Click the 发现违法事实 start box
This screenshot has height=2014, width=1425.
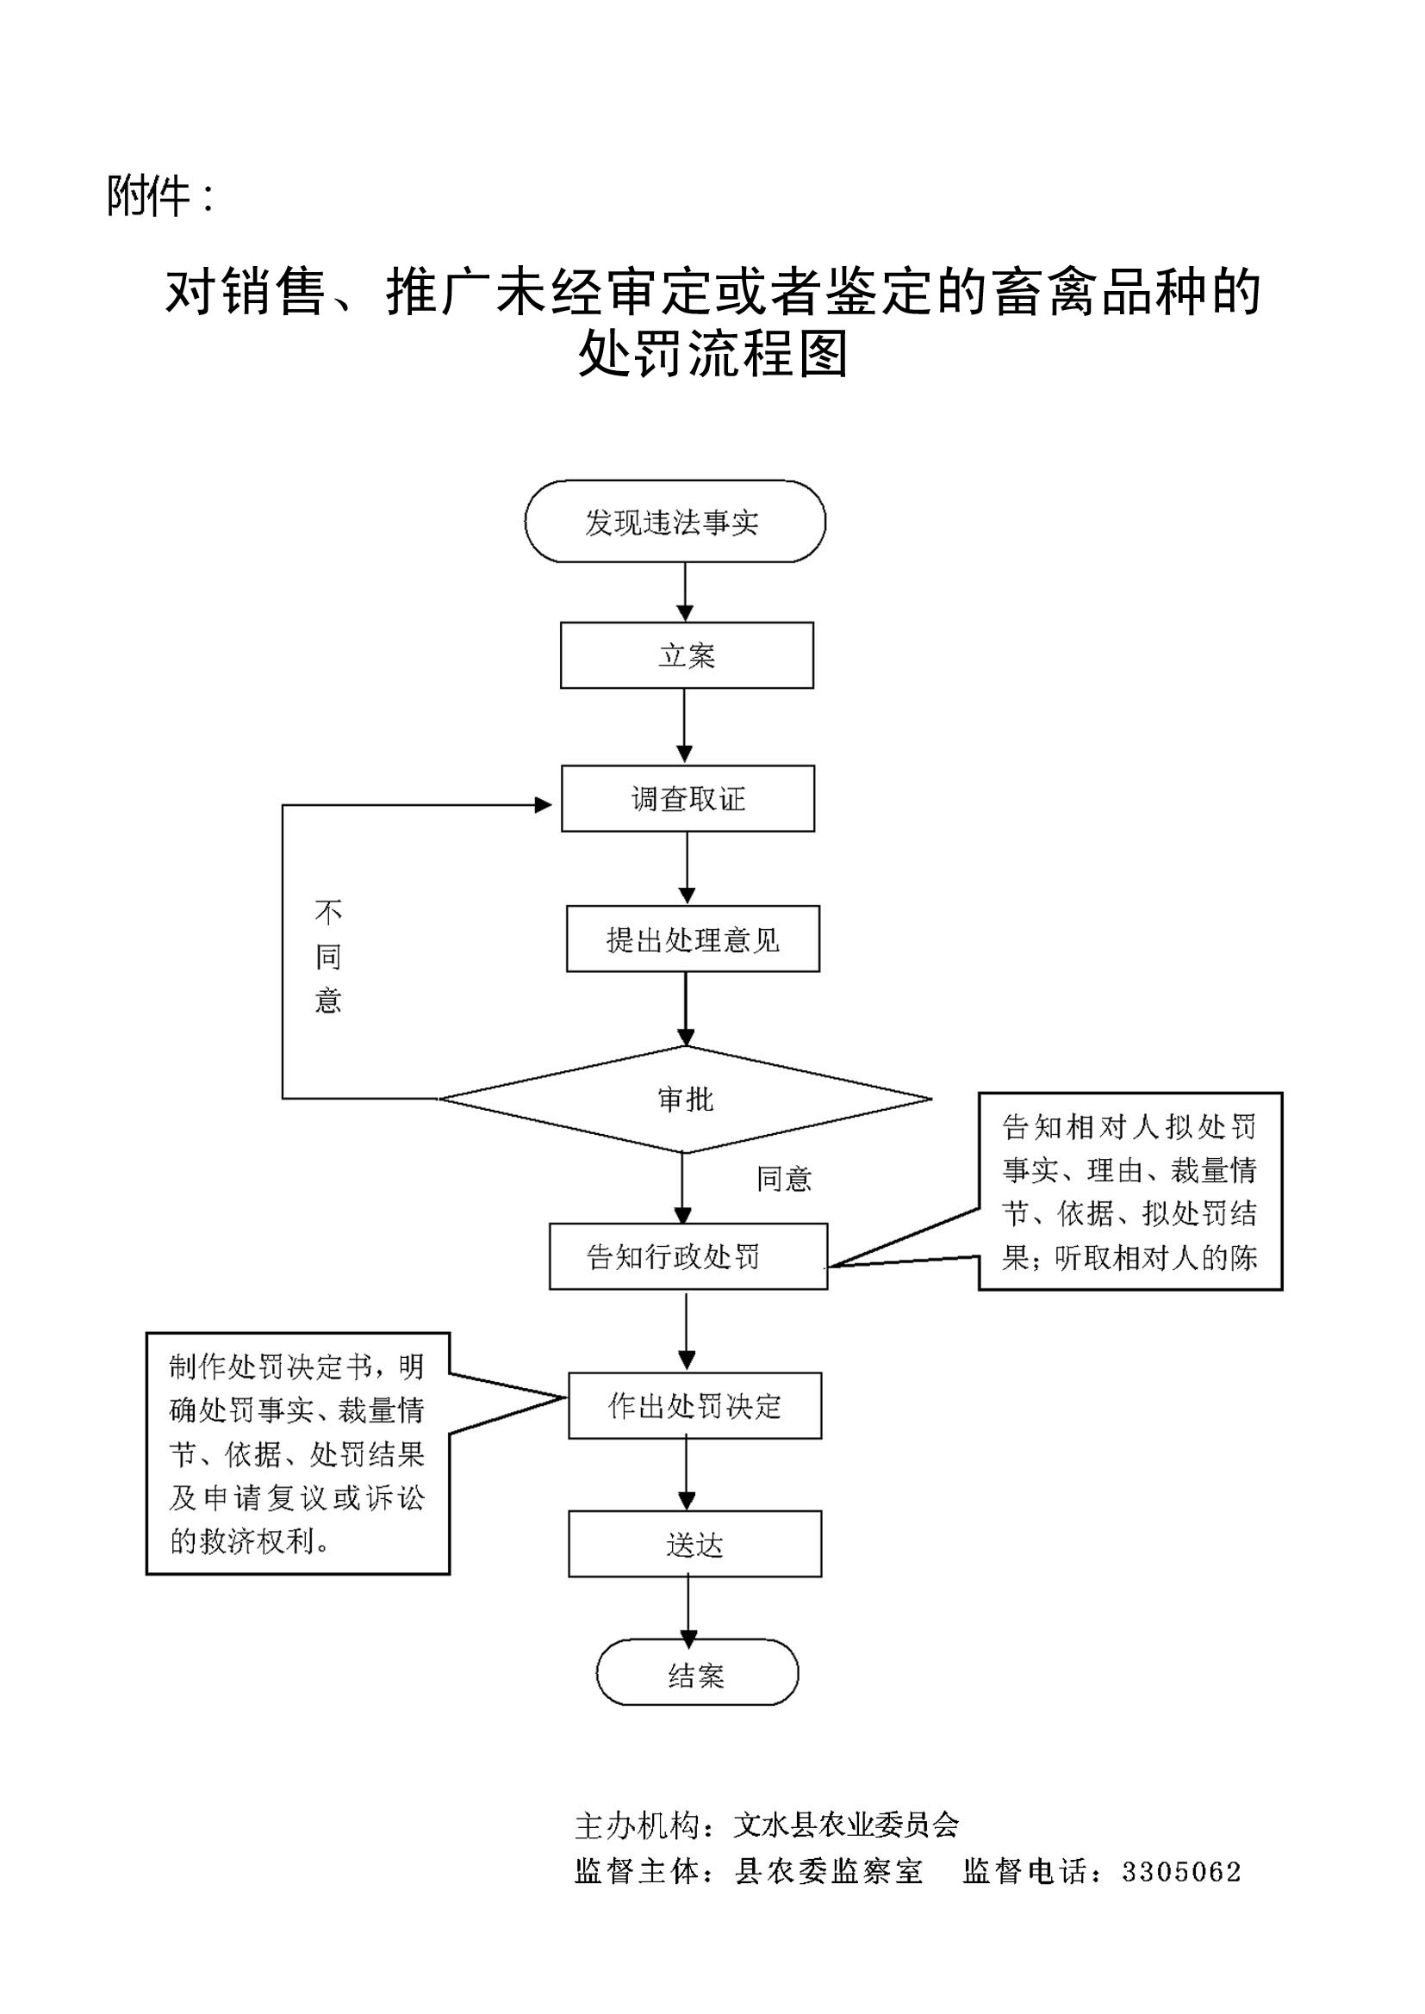pyautogui.click(x=675, y=521)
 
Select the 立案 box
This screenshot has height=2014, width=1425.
pyautogui.click(x=687, y=655)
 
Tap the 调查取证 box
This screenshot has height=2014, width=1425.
pyautogui.click(x=688, y=798)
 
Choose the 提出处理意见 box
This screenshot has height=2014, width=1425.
pyautogui.click(x=693, y=939)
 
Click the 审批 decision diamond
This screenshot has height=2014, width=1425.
pyautogui.click(x=685, y=1099)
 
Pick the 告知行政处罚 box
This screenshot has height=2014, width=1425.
pyautogui.click(x=688, y=1256)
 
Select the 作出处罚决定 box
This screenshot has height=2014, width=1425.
pyautogui.click(x=695, y=1405)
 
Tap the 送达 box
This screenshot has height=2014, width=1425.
pyautogui.click(x=695, y=1544)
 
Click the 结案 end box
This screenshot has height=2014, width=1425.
pyautogui.click(x=697, y=1676)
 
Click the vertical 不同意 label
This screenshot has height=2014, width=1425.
pyautogui.click(x=328, y=956)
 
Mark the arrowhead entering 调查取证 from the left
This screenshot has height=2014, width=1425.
pyautogui.click(x=544, y=805)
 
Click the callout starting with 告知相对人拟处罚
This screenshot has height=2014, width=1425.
pyautogui.click(x=1130, y=1191)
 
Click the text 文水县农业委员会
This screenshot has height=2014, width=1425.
pyautogui.click(x=846, y=1825)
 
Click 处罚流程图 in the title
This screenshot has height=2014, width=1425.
pyautogui.click(x=712, y=355)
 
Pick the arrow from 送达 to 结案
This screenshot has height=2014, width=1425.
pyautogui.click(x=689, y=1608)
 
